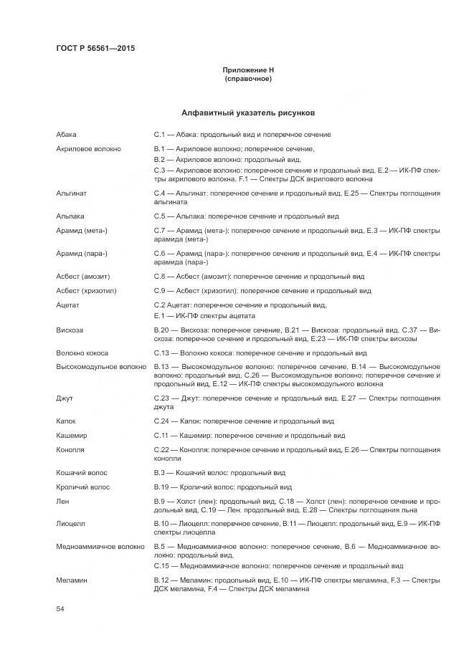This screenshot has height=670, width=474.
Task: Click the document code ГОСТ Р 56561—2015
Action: tap(95, 49)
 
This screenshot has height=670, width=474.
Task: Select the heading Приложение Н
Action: tap(248, 70)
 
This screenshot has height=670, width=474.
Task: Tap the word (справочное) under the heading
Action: tap(248, 78)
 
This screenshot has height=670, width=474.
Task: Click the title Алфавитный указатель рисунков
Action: tap(248, 113)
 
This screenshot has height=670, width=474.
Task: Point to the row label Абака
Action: tap(67, 134)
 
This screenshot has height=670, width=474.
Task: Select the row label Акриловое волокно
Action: tap(88, 148)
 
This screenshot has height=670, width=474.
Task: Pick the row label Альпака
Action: tap(70, 216)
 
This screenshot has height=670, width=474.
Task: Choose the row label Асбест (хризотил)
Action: tap(86, 291)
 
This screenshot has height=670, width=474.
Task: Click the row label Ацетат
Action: tap(68, 305)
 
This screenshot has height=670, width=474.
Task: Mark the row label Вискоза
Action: tap(70, 330)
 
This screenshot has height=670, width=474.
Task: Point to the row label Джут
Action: tap(65, 397)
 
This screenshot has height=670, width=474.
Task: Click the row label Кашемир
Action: tap(72, 435)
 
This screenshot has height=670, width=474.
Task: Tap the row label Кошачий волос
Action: tap(82, 473)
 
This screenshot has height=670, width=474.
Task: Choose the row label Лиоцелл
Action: tap(72, 524)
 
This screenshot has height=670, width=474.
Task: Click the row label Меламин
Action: tap(72, 580)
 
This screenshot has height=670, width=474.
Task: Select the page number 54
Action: tap(60, 608)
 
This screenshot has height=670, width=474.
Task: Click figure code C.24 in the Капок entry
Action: tap(161, 421)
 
